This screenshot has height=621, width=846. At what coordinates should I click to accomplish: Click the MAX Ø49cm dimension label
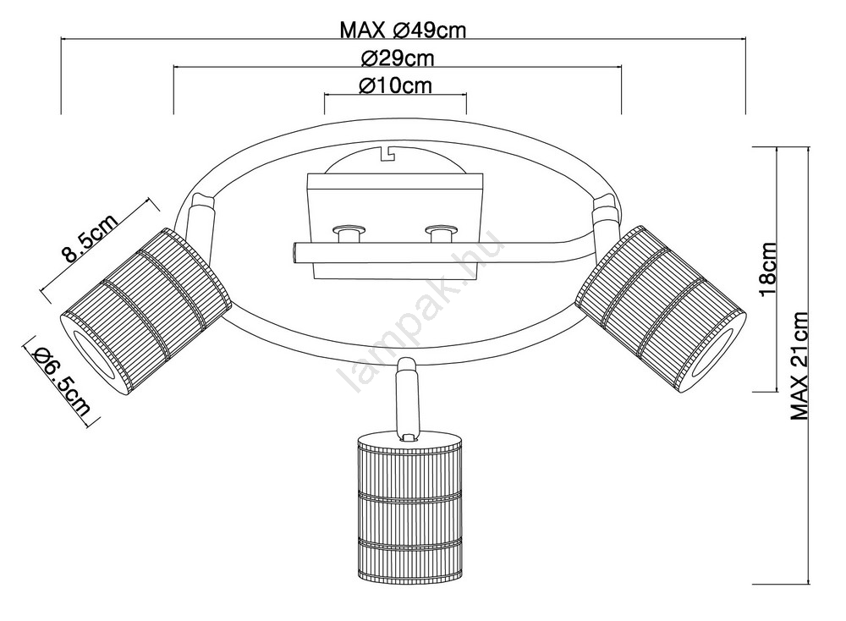[x=402, y=30]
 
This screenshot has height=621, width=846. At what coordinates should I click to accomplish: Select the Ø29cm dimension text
[x=397, y=58]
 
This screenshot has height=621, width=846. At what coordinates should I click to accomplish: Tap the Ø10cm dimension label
[x=395, y=85]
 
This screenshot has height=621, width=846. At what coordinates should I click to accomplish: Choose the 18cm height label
[x=766, y=269]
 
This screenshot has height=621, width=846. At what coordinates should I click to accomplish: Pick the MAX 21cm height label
[x=799, y=366]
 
